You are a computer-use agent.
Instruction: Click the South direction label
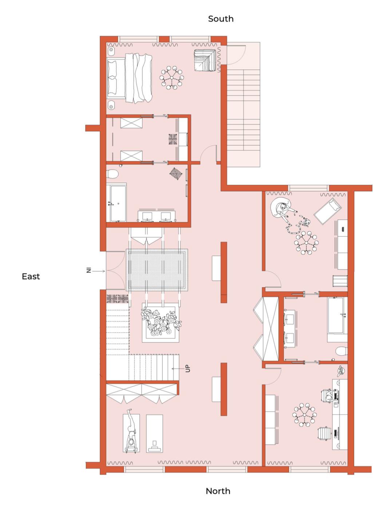point(221,19)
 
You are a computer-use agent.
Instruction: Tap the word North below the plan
point(218,491)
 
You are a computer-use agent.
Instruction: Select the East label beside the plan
point(31,277)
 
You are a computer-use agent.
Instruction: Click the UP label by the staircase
point(188,368)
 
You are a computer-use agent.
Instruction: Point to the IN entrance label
point(89,270)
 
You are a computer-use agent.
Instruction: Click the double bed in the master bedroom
point(130,78)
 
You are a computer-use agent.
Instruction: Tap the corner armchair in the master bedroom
point(205,60)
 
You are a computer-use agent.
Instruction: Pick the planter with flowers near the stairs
point(160,323)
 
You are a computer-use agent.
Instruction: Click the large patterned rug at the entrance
point(157,270)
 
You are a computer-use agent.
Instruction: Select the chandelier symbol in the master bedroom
point(171,78)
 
